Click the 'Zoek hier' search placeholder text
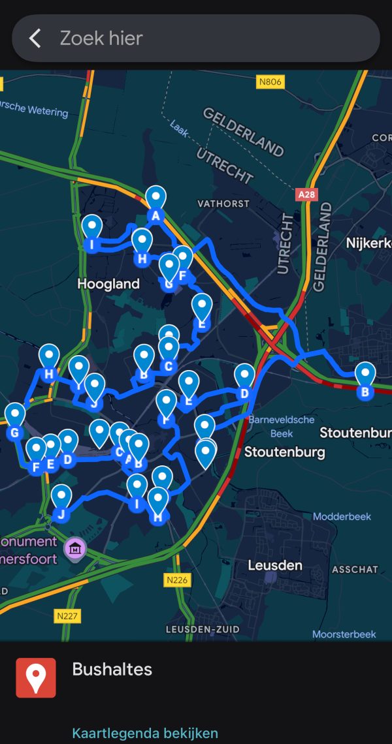(101, 38)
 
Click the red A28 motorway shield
(306, 194)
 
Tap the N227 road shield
(68, 615)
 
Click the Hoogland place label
(108, 284)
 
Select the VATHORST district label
(223, 204)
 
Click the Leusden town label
(274, 565)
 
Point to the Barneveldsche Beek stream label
(282, 426)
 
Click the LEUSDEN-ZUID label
(203, 629)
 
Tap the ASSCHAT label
(355, 569)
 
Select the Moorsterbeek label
(344, 634)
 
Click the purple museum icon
(75, 548)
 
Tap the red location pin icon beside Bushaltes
(36, 677)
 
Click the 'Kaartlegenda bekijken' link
(145, 733)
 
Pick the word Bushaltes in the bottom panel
(112, 669)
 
